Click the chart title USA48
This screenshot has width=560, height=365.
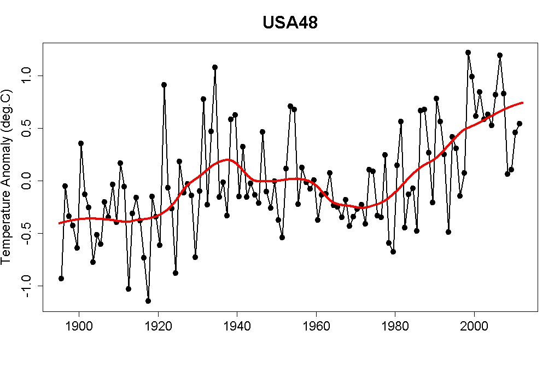tap(290, 23)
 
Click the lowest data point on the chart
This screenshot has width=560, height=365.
tap(148, 300)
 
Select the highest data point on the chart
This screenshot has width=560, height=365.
tap(468, 53)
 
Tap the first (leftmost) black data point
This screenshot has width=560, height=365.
tap(61, 279)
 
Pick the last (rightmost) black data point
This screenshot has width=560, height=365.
tap(520, 124)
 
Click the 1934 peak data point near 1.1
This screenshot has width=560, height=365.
tap(215, 67)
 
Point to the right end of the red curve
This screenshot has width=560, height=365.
tap(523, 102)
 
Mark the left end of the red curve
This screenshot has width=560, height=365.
tap(59, 223)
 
